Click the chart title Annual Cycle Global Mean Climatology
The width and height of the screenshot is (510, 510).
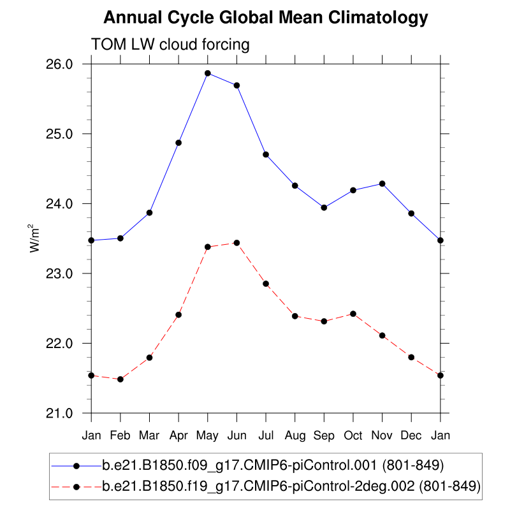point(265,18)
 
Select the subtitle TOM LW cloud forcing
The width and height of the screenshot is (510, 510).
point(170,45)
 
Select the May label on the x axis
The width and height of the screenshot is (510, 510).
point(208,435)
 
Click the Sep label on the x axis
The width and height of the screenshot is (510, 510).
point(324,435)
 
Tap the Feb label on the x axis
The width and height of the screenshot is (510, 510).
point(120,435)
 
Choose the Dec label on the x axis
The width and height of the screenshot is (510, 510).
point(411,435)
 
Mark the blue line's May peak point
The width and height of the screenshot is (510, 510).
point(208,73)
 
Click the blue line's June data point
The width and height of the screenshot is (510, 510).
point(237,85)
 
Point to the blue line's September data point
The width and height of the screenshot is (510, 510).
point(324,207)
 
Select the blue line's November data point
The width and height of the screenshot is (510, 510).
point(382,184)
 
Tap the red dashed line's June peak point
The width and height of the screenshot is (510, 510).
point(237,243)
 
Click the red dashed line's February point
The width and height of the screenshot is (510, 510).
point(120,379)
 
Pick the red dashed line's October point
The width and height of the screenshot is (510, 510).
point(353,314)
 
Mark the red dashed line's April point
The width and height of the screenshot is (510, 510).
point(178,314)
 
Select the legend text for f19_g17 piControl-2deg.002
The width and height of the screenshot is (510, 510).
point(291,487)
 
